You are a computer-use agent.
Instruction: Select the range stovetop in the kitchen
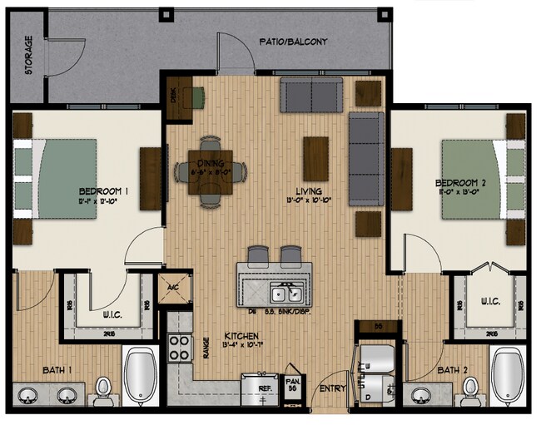tap(181, 346)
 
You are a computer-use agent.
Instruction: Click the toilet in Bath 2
tap(470, 387)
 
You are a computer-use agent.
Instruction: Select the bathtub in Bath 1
tap(140, 375)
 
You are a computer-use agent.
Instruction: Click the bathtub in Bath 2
tap(507, 377)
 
